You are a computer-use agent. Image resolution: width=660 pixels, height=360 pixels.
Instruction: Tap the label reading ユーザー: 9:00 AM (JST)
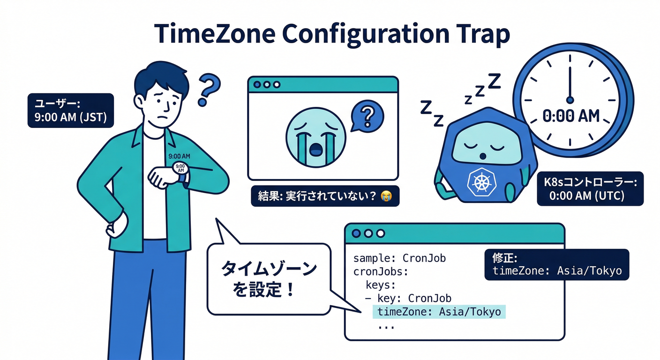tap(70, 110)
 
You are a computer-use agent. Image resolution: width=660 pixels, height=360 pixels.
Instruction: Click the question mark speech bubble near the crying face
tap(367, 115)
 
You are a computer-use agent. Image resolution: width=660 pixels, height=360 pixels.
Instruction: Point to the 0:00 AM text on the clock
tap(571, 115)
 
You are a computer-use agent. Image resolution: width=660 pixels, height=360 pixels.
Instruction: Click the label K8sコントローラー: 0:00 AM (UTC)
tap(590, 188)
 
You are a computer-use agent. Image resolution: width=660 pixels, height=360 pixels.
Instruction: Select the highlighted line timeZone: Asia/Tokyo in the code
tap(439, 312)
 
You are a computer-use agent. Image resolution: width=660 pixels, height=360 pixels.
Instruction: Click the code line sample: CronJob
tap(399, 258)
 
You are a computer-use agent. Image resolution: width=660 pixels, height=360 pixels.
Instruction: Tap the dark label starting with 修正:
tap(556, 264)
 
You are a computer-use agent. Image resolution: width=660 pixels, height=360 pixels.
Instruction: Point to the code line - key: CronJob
tap(408, 299)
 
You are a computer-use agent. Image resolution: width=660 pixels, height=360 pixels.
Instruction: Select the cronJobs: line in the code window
tap(381, 271)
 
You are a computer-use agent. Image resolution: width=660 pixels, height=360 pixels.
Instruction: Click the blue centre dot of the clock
tap(570, 99)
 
